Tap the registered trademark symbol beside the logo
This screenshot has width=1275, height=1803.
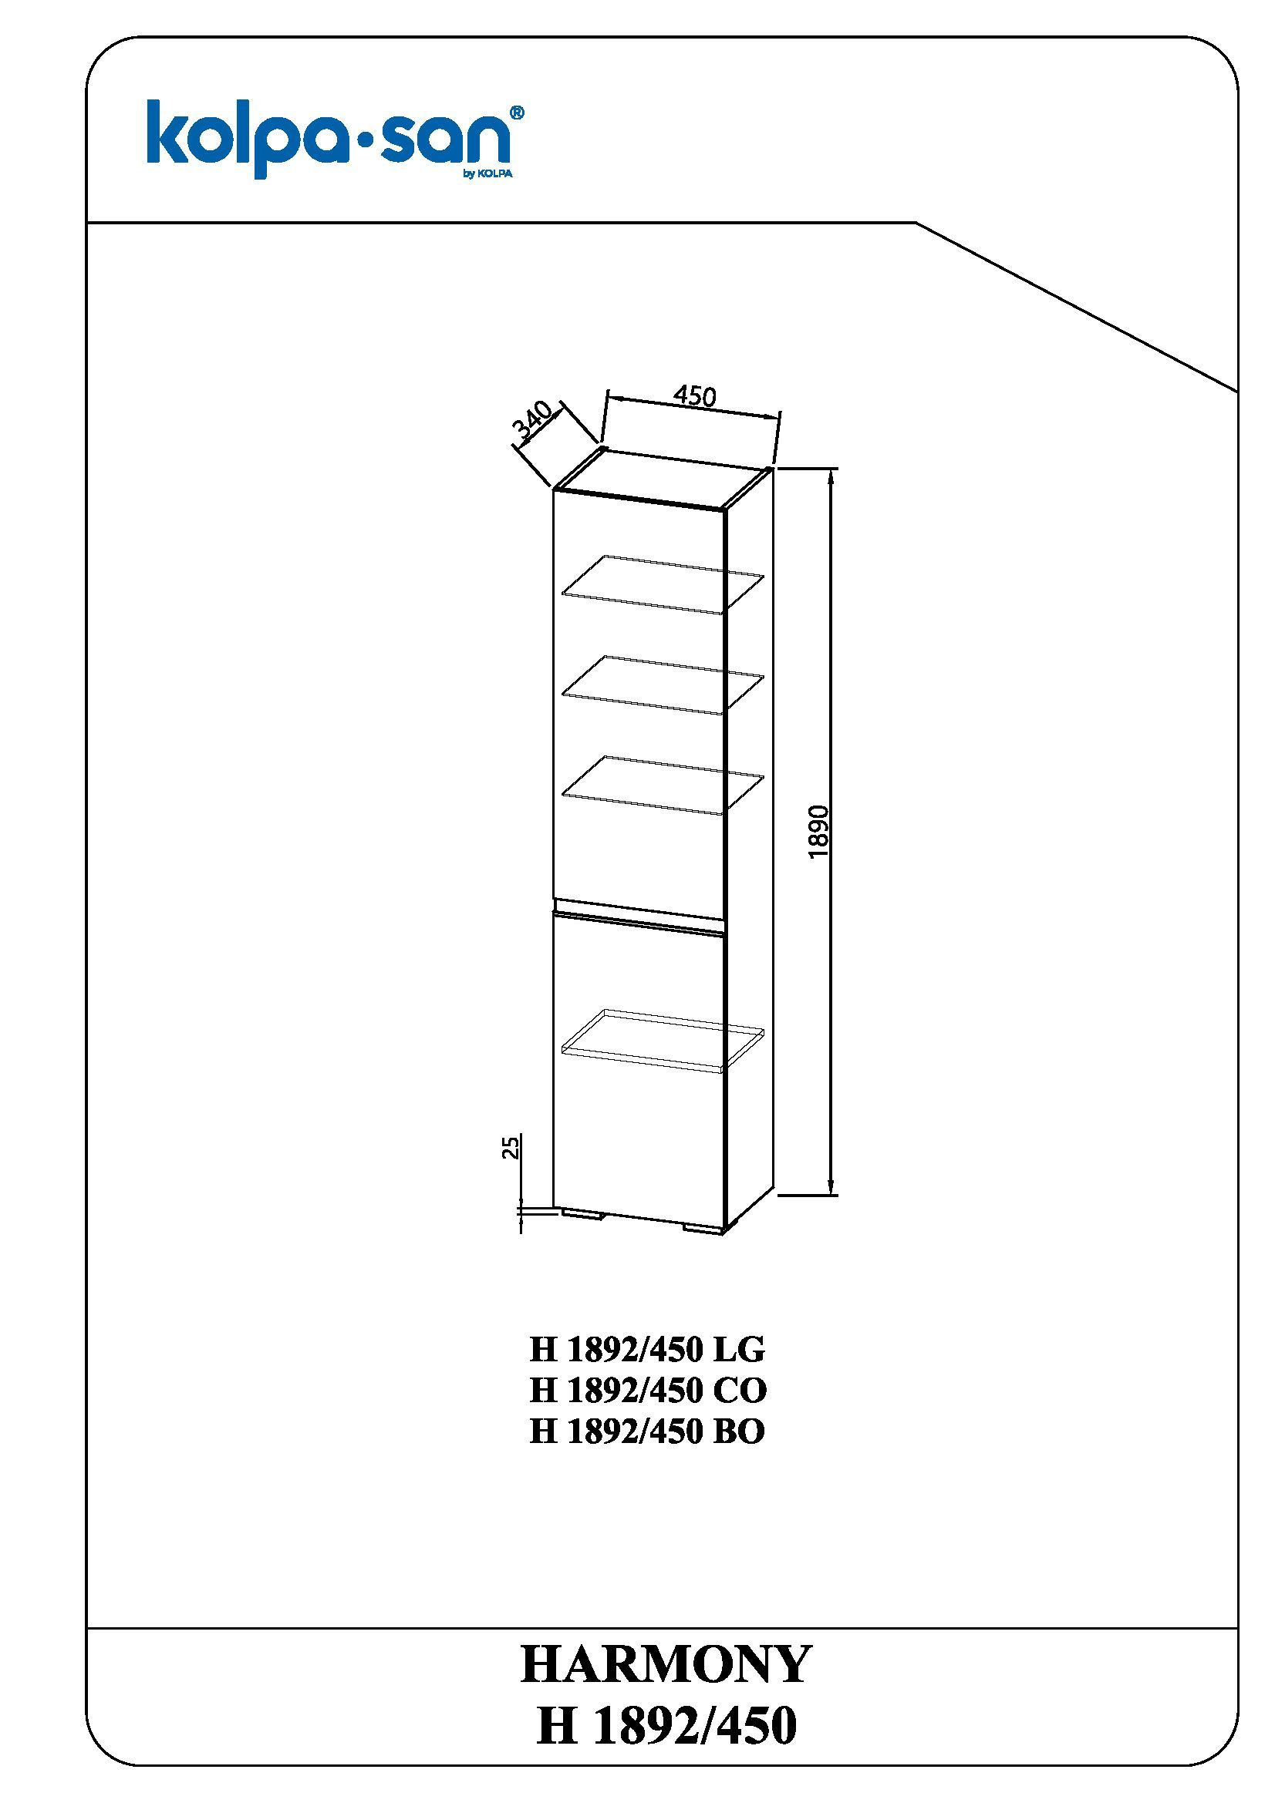[x=518, y=113]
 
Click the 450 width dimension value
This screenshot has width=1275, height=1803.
[x=694, y=395]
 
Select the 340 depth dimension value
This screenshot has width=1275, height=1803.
[x=534, y=422]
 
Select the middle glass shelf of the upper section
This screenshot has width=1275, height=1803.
[x=663, y=685]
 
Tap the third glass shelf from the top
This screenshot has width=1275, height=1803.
[x=663, y=785]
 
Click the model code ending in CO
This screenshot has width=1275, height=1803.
[x=648, y=1391]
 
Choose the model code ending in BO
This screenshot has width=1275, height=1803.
[x=646, y=1431]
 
